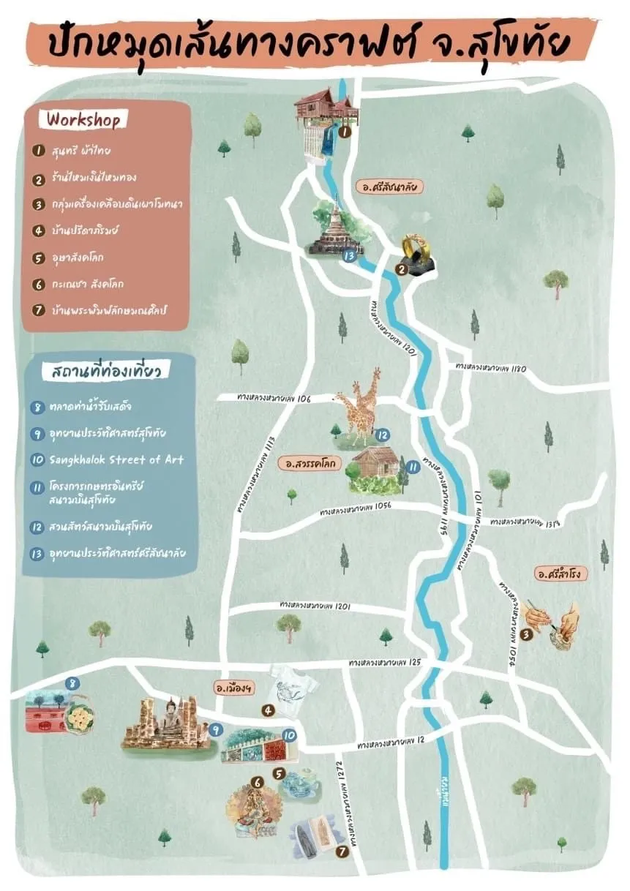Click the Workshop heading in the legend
83,119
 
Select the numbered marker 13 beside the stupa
350,256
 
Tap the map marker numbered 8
71,683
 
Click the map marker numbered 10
288,735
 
